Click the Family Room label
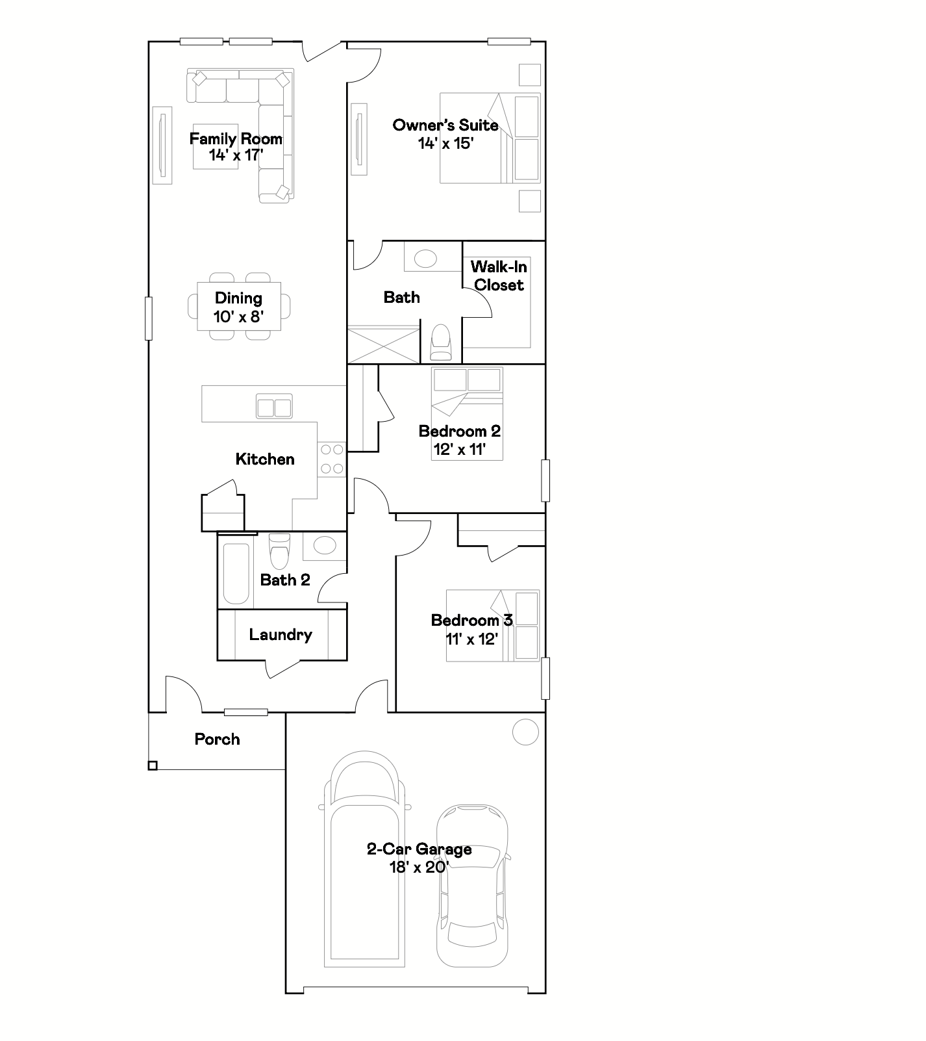point(236,138)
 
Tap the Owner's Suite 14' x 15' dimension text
point(445,143)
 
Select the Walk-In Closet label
point(499,276)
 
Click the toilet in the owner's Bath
point(441,342)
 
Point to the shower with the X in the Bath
point(384,344)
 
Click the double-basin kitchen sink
point(274,407)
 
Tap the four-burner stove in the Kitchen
point(331,459)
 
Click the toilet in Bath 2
point(279,551)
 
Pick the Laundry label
point(281,635)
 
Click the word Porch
point(218,739)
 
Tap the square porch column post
point(153,765)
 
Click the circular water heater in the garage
point(525,732)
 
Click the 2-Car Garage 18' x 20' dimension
point(419,867)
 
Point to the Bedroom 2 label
point(460,431)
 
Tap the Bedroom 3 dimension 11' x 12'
point(471,639)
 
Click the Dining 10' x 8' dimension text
point(238,317)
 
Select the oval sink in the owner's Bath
point(426,259)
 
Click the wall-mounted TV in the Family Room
point(162,145)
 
